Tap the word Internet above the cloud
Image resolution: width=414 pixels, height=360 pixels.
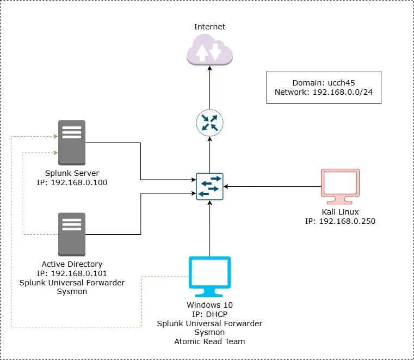209,27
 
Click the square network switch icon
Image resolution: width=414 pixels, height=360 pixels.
209,186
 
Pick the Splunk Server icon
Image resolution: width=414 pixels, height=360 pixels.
72,142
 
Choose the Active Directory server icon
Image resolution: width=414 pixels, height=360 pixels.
72,234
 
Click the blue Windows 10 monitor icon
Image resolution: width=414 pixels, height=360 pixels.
209,276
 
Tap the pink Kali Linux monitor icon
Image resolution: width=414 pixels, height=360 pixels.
340,186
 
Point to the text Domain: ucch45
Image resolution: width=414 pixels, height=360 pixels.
324,82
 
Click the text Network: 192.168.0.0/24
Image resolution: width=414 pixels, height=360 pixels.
324,93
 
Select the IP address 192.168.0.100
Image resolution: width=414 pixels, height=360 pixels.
79,182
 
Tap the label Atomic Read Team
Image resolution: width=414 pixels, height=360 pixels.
209,341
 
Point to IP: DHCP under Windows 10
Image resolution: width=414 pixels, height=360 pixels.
209,314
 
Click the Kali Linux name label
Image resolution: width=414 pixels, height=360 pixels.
340,211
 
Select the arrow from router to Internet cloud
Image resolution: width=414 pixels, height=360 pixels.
209,87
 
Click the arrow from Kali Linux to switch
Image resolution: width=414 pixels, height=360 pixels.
272,186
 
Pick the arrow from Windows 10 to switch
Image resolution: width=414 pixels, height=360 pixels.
209,229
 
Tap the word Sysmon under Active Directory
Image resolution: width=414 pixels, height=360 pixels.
72,292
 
